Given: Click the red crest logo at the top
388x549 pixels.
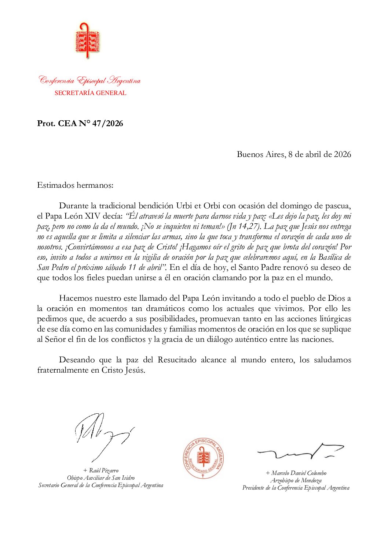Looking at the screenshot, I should click(x=87, y=40).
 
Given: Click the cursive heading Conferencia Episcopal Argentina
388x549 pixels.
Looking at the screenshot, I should click(x=90, y=81).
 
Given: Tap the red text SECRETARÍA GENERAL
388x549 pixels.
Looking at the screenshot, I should click(x=90, y=93).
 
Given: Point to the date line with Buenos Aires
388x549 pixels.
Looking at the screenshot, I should click(x=294, y=154).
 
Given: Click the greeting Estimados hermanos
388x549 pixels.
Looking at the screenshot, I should click(x=75, y=185).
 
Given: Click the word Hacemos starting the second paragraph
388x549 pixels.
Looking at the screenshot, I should click(x=76, y=298).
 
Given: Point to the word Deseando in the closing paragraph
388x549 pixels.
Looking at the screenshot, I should click(x=78, y=360).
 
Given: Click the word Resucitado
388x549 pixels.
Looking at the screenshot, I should click(x=177, y=360).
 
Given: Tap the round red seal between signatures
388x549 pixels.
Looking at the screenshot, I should click(x=203, y=458).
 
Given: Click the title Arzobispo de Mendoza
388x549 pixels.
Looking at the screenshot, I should click(x=296, y=480).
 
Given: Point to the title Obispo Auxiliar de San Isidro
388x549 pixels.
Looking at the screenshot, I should click(x=101, y=478).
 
